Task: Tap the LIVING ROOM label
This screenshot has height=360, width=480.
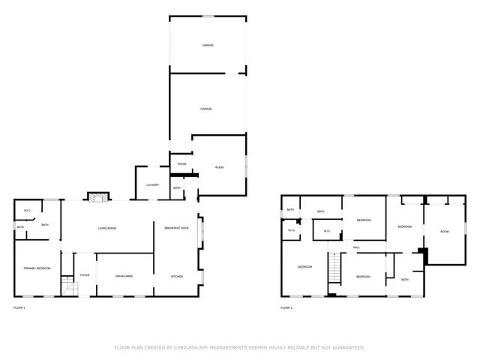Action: (107, 228)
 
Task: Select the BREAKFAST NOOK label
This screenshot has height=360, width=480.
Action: (177, 228)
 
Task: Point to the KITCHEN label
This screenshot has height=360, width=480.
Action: (177, 277)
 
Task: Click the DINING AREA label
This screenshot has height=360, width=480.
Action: (124, 277)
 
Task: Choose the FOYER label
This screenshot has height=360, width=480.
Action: (85, 275)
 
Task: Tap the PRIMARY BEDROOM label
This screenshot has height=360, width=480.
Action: (36, 268)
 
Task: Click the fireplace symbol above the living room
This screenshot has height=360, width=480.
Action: (96, 197)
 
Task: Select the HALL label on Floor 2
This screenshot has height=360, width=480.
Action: (356, 247)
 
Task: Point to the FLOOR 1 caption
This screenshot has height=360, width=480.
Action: (19, 307)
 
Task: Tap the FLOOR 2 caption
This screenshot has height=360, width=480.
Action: (286, 307)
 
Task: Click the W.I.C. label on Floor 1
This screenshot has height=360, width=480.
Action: (27, 210)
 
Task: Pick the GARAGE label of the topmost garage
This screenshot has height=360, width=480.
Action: (208, 46)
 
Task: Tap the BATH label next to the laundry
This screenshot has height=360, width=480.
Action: (177, 188)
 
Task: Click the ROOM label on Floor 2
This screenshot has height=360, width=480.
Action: (445, 232)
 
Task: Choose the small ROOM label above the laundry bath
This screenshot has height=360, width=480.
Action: (181, 163)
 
